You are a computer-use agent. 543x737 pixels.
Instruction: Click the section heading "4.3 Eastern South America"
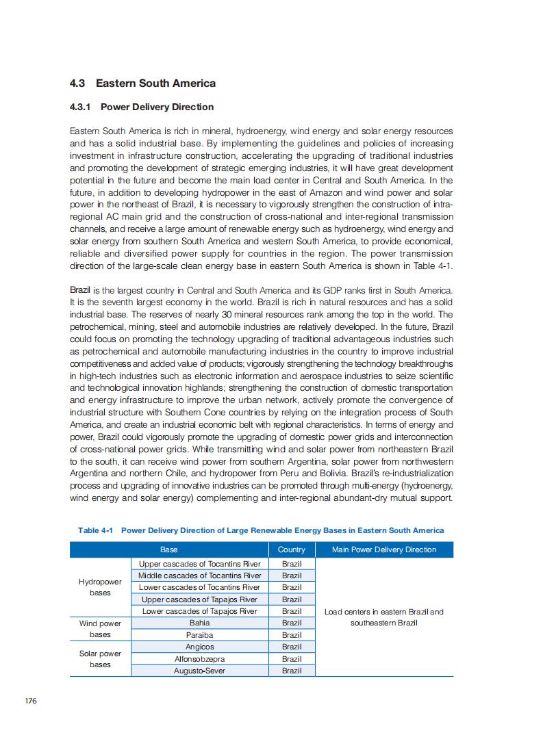pyautogui.click(x=142, y=83)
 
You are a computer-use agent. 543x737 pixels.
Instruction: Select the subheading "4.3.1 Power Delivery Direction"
pyautogui.click(x=142, y=107)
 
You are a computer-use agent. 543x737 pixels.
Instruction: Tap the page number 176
pyautogui.click(x=30, y=701)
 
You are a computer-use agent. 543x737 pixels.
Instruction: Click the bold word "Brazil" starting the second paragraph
pyautogui.click(x=80, y=291)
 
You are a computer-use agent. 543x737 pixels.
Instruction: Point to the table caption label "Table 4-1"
pyautogui.click(x=95, y=530)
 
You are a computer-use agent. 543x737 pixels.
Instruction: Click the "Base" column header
pyautogui.click(x=168, y=549)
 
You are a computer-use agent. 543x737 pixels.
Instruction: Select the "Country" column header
pyautogui.click(x=292, y=549)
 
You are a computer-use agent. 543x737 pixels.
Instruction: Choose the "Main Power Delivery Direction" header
pyautogui.click(x=383, y=549)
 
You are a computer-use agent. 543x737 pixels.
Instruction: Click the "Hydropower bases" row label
pyautogui.click(x=100, y=587)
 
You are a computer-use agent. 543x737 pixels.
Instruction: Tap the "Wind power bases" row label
pyautogui.click(x=100, y=629)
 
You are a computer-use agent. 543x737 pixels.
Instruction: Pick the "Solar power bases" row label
pyautogui.click(x=100, y=659)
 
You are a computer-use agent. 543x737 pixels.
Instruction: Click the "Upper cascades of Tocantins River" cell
pyautogui.click(x=199, y=564)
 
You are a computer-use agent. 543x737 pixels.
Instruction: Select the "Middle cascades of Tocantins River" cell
pyautogui.click(x=199, y=576)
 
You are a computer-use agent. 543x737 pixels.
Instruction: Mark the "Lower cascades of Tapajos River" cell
pyautogui.click(x=199, y=611)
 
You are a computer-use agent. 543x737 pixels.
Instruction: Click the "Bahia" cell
pyautogui.click(x=199, y=623)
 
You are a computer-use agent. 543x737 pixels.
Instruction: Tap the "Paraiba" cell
pyautogui.click(x=199, y=635)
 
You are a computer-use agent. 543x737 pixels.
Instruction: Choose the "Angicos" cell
pyautogui.click(x=199, y=647)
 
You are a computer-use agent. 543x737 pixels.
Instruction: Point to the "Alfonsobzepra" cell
pyautogui.click(x=199, y=659)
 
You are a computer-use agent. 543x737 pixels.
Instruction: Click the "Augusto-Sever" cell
pyautogui.click(x=199, y=671)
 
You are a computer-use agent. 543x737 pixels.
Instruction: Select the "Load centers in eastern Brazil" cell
pyautogui.click(x=383, y=617)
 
